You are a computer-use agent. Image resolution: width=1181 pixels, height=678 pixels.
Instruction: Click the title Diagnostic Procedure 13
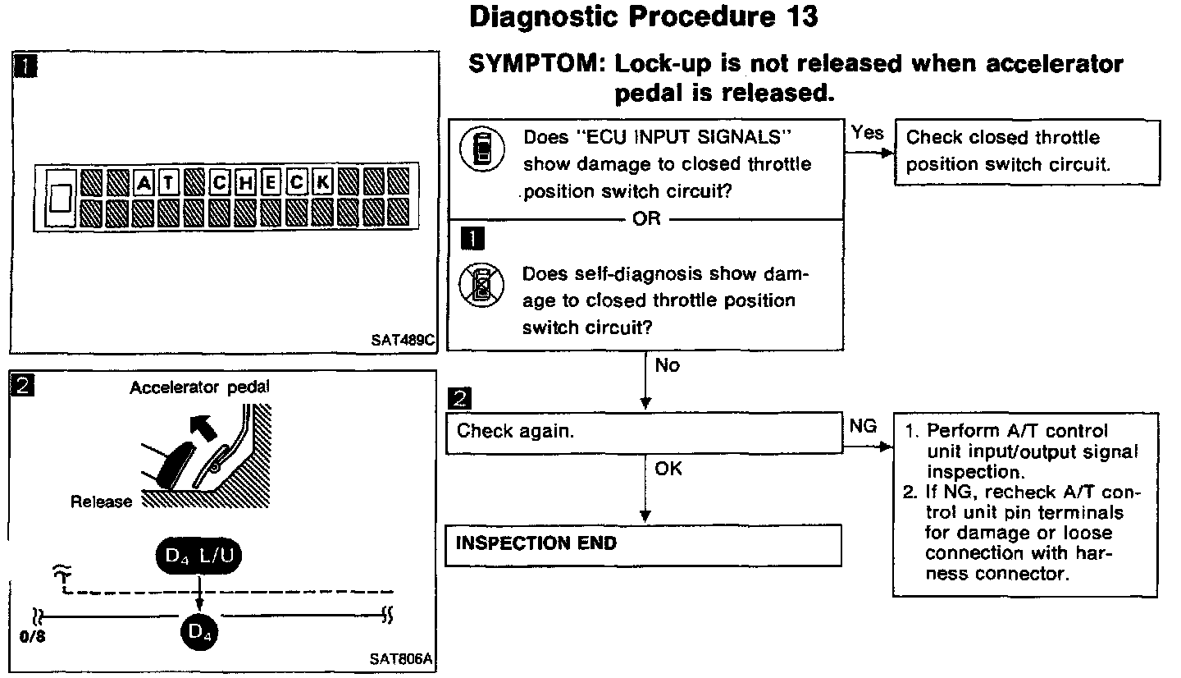point(644,16)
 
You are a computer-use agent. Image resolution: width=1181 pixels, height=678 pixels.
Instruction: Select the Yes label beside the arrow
point(867,132)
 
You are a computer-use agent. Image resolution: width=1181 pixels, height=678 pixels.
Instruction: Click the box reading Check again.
point(644,433)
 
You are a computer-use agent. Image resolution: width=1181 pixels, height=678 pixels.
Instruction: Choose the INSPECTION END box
point(644,544)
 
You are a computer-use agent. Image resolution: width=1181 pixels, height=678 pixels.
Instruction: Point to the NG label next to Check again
point(864,427)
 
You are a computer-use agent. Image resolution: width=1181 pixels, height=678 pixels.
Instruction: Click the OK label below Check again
point(668,470)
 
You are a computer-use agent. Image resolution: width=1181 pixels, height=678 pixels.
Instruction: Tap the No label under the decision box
point(668,366)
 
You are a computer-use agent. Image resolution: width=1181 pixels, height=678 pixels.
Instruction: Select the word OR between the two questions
point(646,219)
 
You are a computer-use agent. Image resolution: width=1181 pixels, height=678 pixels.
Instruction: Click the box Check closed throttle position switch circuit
point(1027,152)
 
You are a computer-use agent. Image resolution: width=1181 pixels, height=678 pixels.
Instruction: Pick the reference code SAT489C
point(402,339)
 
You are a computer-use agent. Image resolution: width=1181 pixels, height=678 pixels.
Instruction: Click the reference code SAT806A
point(402,659)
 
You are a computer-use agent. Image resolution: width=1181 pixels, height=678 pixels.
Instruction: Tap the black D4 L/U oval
point(198,557)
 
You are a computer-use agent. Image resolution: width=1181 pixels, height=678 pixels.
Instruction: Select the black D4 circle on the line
point(198,631)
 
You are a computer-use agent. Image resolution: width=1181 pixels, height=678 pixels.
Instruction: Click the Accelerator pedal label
point(199,387)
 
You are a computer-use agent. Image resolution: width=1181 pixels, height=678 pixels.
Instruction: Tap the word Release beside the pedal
point(101,502)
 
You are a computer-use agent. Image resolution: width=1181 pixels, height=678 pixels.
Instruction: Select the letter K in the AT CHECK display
point(322,181)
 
